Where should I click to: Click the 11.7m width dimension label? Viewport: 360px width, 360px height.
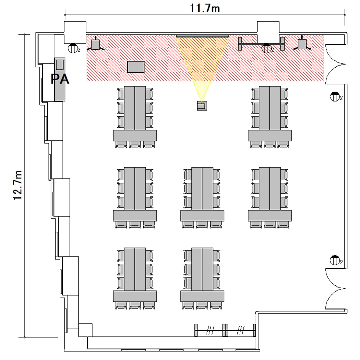(205, 8)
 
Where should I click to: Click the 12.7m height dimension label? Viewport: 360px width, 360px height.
(17, 185)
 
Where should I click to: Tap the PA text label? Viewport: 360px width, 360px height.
(60, 79)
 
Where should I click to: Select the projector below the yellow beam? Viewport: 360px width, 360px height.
(202, 106)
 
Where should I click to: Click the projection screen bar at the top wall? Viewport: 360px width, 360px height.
(203, 36)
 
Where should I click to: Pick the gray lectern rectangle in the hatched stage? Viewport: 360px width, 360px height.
(136, 67)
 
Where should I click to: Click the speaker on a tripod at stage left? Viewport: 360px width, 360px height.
(96, 45)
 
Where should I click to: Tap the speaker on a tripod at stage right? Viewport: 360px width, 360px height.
(302, 44)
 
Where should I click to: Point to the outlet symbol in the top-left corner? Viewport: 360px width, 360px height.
(73, 48)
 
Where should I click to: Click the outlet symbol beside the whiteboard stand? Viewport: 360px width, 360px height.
(266, 48)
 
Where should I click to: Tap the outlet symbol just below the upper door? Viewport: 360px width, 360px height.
(335, 96)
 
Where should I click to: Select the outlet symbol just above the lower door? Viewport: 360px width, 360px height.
(335, 260)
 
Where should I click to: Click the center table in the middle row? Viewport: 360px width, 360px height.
(202, 198)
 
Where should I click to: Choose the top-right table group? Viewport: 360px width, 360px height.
(270, 117)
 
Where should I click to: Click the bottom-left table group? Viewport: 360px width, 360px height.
(135, 278)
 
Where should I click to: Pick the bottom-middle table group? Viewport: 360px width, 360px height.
(202, 278)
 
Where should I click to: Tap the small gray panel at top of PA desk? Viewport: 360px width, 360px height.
(60, 64)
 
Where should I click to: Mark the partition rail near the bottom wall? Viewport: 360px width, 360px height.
(225, 330)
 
